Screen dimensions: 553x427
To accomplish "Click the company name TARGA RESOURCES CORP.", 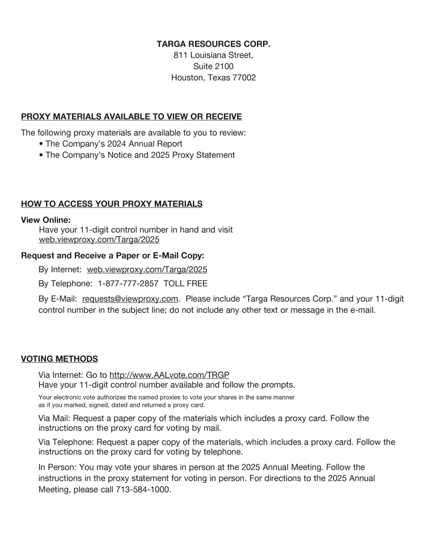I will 213,44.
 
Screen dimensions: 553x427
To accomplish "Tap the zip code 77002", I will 244,78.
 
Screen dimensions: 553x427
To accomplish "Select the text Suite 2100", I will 213,66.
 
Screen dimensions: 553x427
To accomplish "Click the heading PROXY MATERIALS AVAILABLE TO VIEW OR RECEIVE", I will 131,116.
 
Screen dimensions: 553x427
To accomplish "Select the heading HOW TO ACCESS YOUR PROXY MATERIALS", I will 112,204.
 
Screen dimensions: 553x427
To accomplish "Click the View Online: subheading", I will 46,219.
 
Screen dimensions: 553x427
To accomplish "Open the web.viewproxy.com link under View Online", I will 99,240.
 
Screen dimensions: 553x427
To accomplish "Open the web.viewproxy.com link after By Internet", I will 147,270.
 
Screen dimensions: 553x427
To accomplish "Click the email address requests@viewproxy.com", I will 130,299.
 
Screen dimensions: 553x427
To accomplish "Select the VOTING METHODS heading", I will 59,359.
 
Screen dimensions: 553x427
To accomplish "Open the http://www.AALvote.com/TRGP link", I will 169,374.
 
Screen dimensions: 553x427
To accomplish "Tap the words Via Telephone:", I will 66,442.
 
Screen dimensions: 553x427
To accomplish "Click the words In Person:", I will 58,467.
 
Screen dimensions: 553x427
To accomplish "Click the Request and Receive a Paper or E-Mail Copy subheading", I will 112,255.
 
